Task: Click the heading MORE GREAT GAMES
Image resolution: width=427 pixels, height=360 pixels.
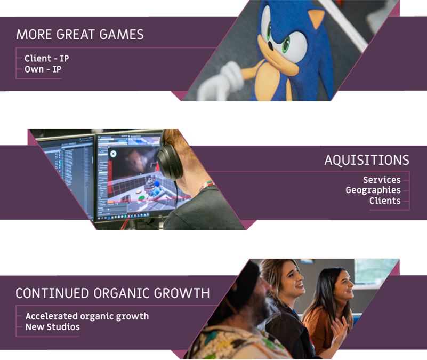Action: [80, 35]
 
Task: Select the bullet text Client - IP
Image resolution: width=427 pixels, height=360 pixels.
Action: [46, 58]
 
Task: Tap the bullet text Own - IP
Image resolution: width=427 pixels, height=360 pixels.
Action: [43, 69]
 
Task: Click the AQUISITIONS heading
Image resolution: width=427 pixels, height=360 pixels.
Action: [367, 160]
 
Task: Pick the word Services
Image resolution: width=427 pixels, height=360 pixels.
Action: [382, 180]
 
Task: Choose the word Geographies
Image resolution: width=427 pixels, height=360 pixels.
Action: [373, 190]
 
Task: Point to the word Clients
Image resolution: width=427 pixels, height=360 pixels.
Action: [385, 201]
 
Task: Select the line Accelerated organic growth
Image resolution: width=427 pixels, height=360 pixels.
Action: [87, 316]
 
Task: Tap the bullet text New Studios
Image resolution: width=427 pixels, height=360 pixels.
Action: [53, 327]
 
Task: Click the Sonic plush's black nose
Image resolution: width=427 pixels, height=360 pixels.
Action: [270, 46]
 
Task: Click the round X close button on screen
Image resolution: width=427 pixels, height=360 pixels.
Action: [114, 154]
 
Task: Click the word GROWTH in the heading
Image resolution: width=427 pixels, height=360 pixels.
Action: [182, 293]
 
